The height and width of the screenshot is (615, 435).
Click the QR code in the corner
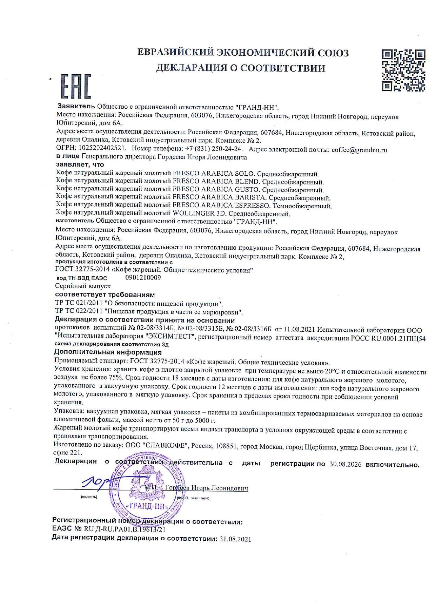click(x=403, y=70)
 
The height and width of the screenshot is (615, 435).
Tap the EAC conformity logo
click(x=76, y=86)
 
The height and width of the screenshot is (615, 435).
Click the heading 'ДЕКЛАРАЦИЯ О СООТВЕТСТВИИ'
click(x=241, y=68)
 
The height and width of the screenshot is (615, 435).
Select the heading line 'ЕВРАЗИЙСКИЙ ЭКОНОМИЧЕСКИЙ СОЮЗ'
click(x=243, y=53)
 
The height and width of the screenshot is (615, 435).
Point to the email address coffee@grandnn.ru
click(x=360, y=150)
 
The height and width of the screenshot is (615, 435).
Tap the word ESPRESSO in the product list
click(x=252, y=206)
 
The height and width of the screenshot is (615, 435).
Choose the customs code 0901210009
click(x=143, y=278)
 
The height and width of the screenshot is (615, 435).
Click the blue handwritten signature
click(x=96, y=483)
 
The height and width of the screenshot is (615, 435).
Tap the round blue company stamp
click(x=149, y=489)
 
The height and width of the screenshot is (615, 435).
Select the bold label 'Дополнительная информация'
click(x=108, y=352)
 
